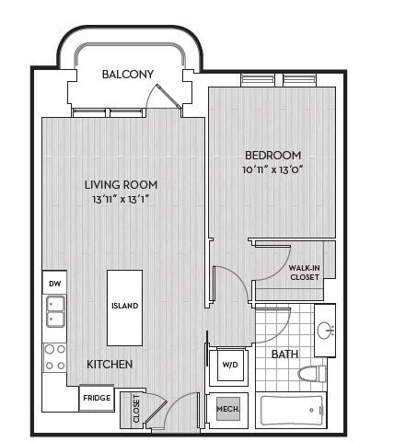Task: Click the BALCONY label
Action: [x=128, y=75]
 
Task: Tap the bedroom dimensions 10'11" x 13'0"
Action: [x=272, y=169]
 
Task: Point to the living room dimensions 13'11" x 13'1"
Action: [x=121, y=200]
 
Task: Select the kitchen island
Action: [x=124, y=308]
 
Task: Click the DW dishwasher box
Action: [x=54, y=282]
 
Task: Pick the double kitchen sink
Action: [x=55, y=311]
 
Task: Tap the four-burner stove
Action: [x=55, y=357]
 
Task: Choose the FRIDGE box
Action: [x=97, y=398]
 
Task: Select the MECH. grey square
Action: [x=228, y=409]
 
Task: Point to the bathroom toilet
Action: [x=312, y=374]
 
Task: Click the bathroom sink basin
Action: [x=325, y=331]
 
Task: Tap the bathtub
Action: [x=292, y=411]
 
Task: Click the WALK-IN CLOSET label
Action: [x=305, y=273]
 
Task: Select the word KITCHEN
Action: [x=110, y=365]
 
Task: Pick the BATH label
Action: [x=284, y=355]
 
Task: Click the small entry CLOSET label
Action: [x=136, y=409]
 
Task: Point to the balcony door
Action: [x=168, y=96]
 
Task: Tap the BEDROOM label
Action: [x=272, y=156]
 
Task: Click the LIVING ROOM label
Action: [x=121, y=185]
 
